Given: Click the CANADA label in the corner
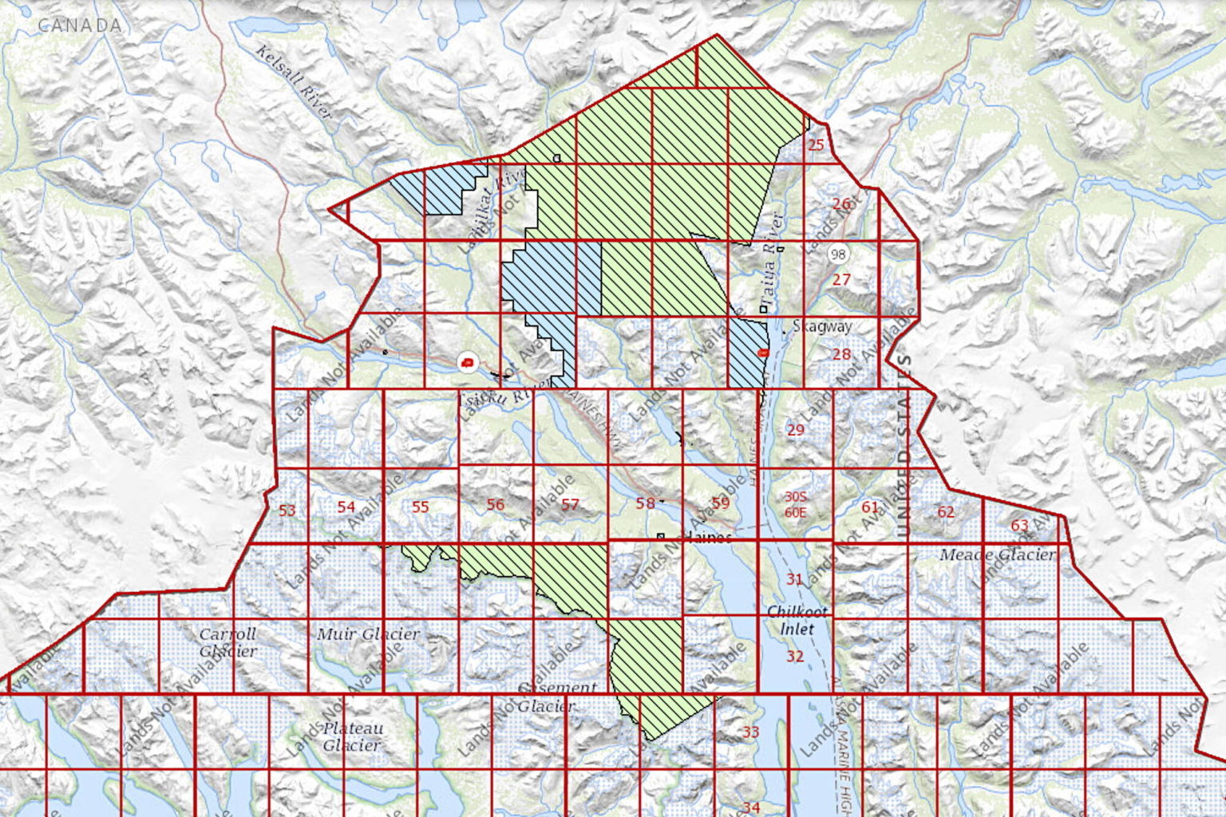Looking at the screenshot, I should click(x=80, y=26).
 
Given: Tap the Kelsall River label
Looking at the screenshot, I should click(x=294, y=81).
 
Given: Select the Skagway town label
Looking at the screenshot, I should click(x=822, y=326).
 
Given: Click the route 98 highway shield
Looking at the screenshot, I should click(x=838, y=255).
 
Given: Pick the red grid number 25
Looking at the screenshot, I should click(x=816, y=145).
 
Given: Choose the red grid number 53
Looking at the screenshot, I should click(x=287, y=511).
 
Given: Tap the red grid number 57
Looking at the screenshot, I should click(x=570, y=504).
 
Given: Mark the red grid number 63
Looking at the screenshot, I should click(x=1019, y=525).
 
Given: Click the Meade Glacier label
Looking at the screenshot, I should click(x=997, y=555).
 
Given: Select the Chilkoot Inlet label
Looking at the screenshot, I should click(x=797, y=620).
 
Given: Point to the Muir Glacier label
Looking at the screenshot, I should click(x=368, y=634).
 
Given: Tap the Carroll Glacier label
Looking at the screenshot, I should click(x=228, y=642).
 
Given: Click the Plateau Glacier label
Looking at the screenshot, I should click(x=352, y=736).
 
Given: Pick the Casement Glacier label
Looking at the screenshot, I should click(x=556, y=697).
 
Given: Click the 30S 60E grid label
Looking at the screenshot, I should click(x=796, y=505).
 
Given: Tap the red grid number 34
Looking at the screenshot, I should click(x=751, y=807).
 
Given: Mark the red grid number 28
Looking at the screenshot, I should click(x=841, y=354).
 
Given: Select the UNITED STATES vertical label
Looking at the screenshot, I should click(x=903, y=447).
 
